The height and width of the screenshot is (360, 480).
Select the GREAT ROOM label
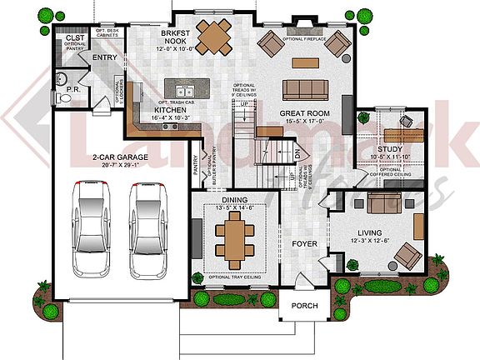(x=305, y=113)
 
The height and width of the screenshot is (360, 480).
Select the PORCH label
(x=304, y=307)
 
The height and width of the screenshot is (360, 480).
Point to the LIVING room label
(x=369, y=233)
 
